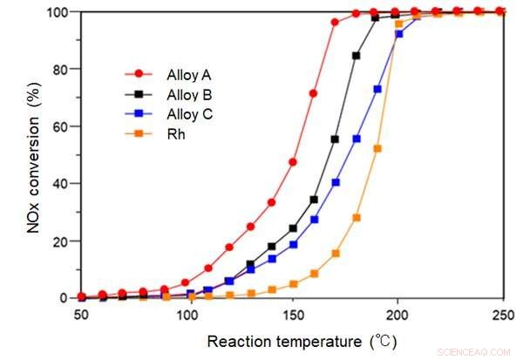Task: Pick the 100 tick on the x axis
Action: (187, 313)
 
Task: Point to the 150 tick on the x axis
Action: (293, 313)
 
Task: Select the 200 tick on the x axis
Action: (397, 313)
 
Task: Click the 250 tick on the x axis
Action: (501, 313)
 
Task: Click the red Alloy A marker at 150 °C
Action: (293, 162)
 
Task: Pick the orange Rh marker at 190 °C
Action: (377, 148)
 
